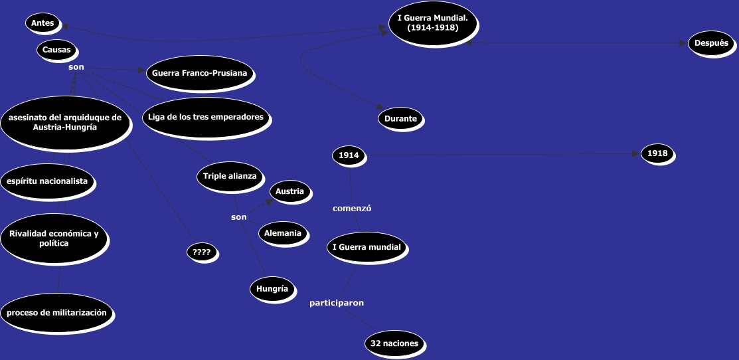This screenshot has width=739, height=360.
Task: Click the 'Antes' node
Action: point(42,23)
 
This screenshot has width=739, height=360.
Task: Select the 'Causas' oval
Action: point(56,50)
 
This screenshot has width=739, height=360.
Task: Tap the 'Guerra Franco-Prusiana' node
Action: point(200,73)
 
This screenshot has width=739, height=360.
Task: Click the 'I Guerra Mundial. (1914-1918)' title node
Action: point(432,23)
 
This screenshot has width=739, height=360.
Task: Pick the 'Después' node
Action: point(711,43)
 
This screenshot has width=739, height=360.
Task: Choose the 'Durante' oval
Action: point(400,120)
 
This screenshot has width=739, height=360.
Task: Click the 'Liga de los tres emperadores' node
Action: point(206,117)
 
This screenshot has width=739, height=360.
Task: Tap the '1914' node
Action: point(349,155)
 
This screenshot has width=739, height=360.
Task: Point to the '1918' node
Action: point(657,153)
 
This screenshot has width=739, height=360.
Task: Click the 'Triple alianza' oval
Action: point(227,176)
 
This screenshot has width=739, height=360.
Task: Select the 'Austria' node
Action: point(289,191)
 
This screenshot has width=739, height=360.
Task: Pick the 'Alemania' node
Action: point(283,233)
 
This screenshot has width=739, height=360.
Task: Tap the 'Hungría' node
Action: point(272,288)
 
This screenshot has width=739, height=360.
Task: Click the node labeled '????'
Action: point(201,252)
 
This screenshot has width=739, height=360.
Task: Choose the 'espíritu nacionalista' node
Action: point(47,181)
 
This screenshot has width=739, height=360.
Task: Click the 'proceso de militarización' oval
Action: point(57,313)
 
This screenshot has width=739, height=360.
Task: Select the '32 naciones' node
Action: point(395,344)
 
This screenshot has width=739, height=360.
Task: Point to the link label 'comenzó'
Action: point(351,208)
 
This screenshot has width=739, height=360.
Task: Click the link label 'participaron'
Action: point(337,303)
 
